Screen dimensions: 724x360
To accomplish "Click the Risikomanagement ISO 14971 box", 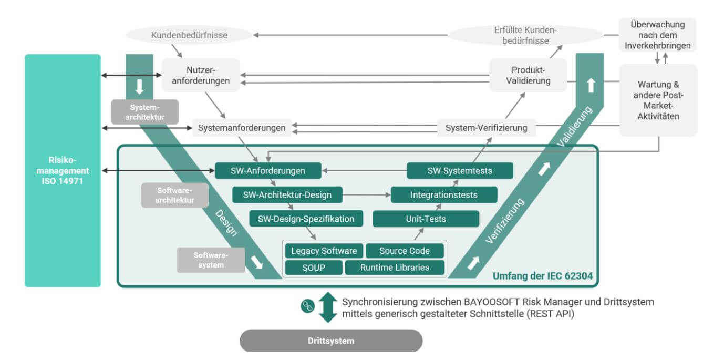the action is pyautogui.click(x=63, y=170).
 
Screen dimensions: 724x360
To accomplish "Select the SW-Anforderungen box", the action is pyautogui.click(x=268, y=170).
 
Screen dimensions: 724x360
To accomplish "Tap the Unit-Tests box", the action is pyautogui.click(x=426, y=219).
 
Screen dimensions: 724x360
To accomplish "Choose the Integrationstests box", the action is pyautogui.click(x=444, y=195).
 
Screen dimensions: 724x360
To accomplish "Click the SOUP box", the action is pyautogui.click(x=314, y=268).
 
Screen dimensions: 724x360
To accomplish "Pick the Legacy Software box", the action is pyautogui.click(x=324, y=251).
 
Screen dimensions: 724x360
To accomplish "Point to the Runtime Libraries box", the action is pyautogui.click(x=395, y=268).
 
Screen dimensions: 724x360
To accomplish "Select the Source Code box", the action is pyautogui.click(x=405, y=251).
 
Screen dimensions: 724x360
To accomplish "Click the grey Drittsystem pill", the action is pyautogui.click(x=331, y=341).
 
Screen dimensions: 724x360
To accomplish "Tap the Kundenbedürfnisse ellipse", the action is pyautogui.click(x=189, y=35).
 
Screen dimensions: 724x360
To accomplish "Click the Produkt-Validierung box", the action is pyautogui.click(x=528, y=75).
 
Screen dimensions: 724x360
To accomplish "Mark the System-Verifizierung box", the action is pyautogui.click(x=487, y=128).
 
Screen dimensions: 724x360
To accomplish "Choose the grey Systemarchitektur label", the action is pyautogui.click(x=145, y=112).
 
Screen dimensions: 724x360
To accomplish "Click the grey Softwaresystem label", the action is pyautogui.click(x=211, y=260).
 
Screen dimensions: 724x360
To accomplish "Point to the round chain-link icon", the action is pyautogui.click(x=308, y=306).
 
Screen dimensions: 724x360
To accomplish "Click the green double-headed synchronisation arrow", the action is pyautogui.click(x=328, y=307).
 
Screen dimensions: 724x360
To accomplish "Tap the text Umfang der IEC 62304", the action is pyautogui.click(x=543, y=276).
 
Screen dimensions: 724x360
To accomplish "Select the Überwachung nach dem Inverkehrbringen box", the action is pyautogui.click(x=657, y=35).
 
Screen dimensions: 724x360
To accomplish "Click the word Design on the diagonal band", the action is pyautogui.click(x=226, y=223).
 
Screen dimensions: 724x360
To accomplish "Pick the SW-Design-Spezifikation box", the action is pyautogui.click(x=306, y=219).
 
